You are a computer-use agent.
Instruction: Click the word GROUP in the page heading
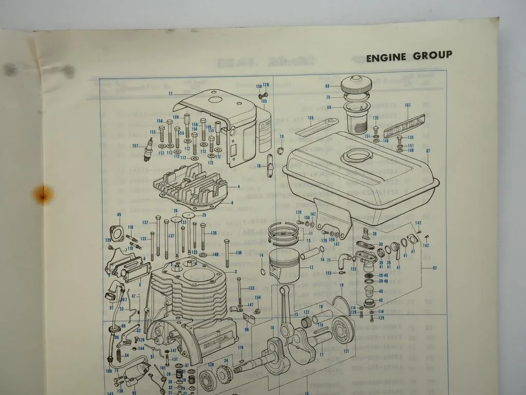433,56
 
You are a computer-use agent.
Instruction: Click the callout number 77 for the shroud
170,94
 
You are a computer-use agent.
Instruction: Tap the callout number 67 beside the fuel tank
427,151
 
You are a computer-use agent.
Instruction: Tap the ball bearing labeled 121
339,330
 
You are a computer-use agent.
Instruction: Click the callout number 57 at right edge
436,268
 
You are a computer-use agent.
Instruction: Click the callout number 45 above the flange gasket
119,214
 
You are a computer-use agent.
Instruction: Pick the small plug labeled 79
281,151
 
